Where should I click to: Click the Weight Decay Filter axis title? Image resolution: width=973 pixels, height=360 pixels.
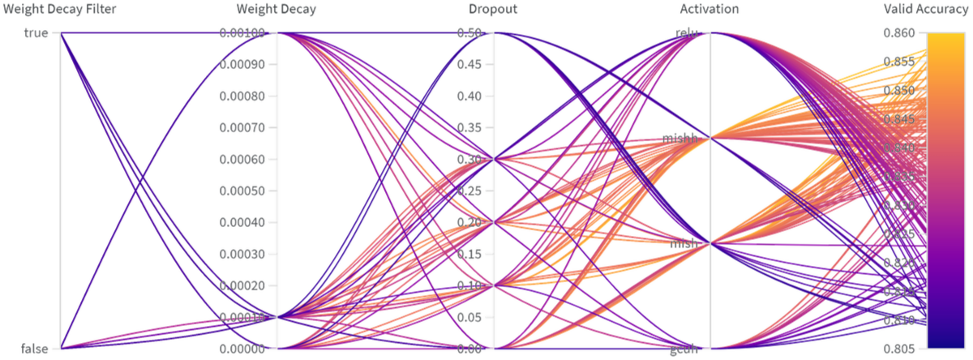click(61, 10)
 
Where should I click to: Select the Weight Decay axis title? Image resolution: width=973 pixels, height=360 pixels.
click(276, 10)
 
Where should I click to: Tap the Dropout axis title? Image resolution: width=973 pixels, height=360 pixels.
click(493, 10)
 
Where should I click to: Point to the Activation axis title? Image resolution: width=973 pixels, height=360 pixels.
click(709, 10)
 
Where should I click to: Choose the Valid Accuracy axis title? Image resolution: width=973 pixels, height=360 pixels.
click(925, 10)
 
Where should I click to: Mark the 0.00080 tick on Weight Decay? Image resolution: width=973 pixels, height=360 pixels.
click(248, 96)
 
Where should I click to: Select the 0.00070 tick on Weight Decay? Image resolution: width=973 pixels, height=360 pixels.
click(248, 127)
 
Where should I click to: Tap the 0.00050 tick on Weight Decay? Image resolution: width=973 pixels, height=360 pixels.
click(248, 191)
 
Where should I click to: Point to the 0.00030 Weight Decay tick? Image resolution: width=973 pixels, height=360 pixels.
click(248, 254)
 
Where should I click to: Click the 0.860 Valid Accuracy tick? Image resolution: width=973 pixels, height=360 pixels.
click(899, 33)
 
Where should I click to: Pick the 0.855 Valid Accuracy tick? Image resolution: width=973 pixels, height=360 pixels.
click(899, 62)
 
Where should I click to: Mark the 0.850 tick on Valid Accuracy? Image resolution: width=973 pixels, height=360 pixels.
click(899, 90)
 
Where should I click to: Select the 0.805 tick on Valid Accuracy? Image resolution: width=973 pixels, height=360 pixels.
click(899, 349)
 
